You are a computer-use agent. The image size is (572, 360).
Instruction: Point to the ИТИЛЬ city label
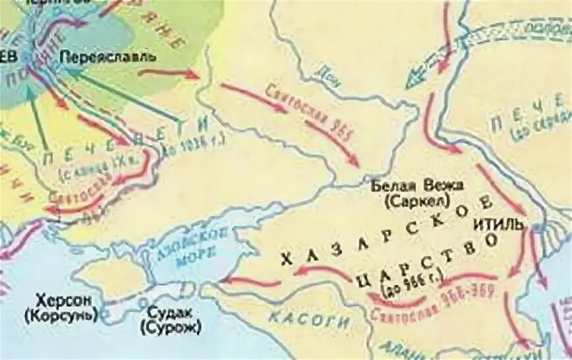pyautogui.click(x=498, y=225)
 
